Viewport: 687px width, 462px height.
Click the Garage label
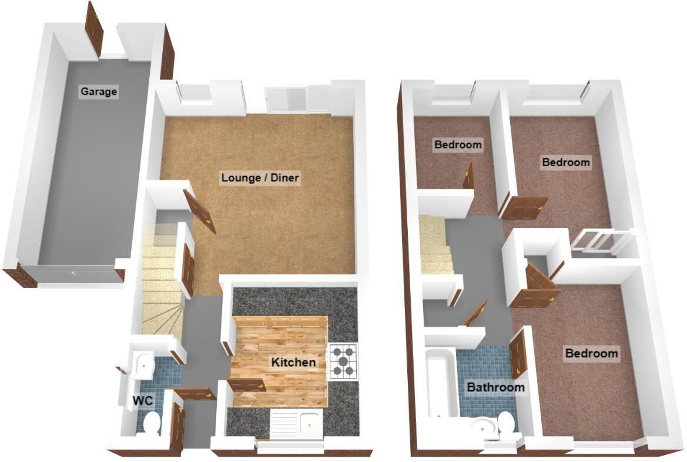tap(99, 92)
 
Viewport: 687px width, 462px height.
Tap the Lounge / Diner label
tap(260, 178)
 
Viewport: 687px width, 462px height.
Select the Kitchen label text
tap(293, 363)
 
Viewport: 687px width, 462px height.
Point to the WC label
tap(143, 401)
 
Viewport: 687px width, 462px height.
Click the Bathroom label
tap(495, 387)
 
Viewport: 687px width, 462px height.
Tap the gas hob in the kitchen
tap(343, 360)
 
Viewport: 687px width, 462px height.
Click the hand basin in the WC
tap(141, 365)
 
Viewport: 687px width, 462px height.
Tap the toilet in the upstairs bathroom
tap(507, 425)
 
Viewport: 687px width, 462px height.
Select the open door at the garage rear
tap(94, 28)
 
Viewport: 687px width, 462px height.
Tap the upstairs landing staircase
tap(435, 245)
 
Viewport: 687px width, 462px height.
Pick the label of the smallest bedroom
tap(457, 144)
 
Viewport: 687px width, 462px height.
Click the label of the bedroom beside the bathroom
tap(591, 353)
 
